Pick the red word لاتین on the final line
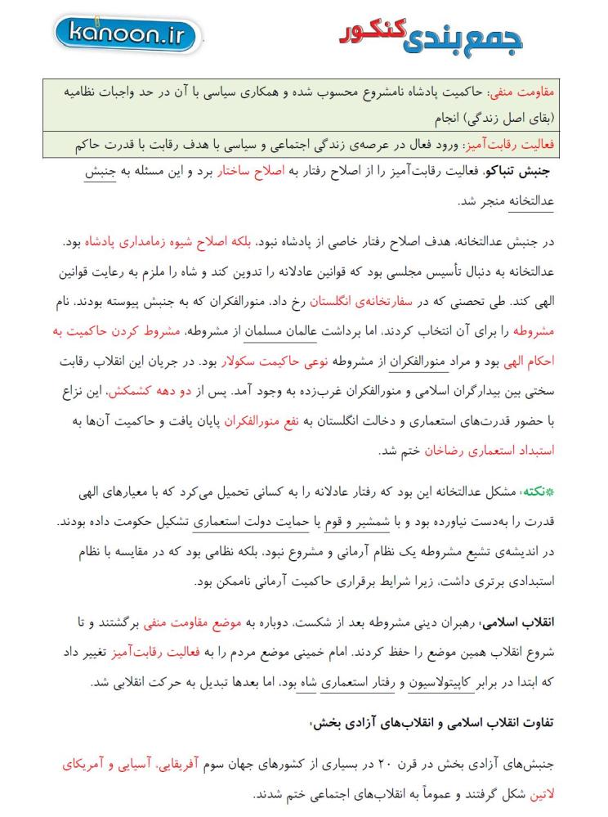click(536, 792)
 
